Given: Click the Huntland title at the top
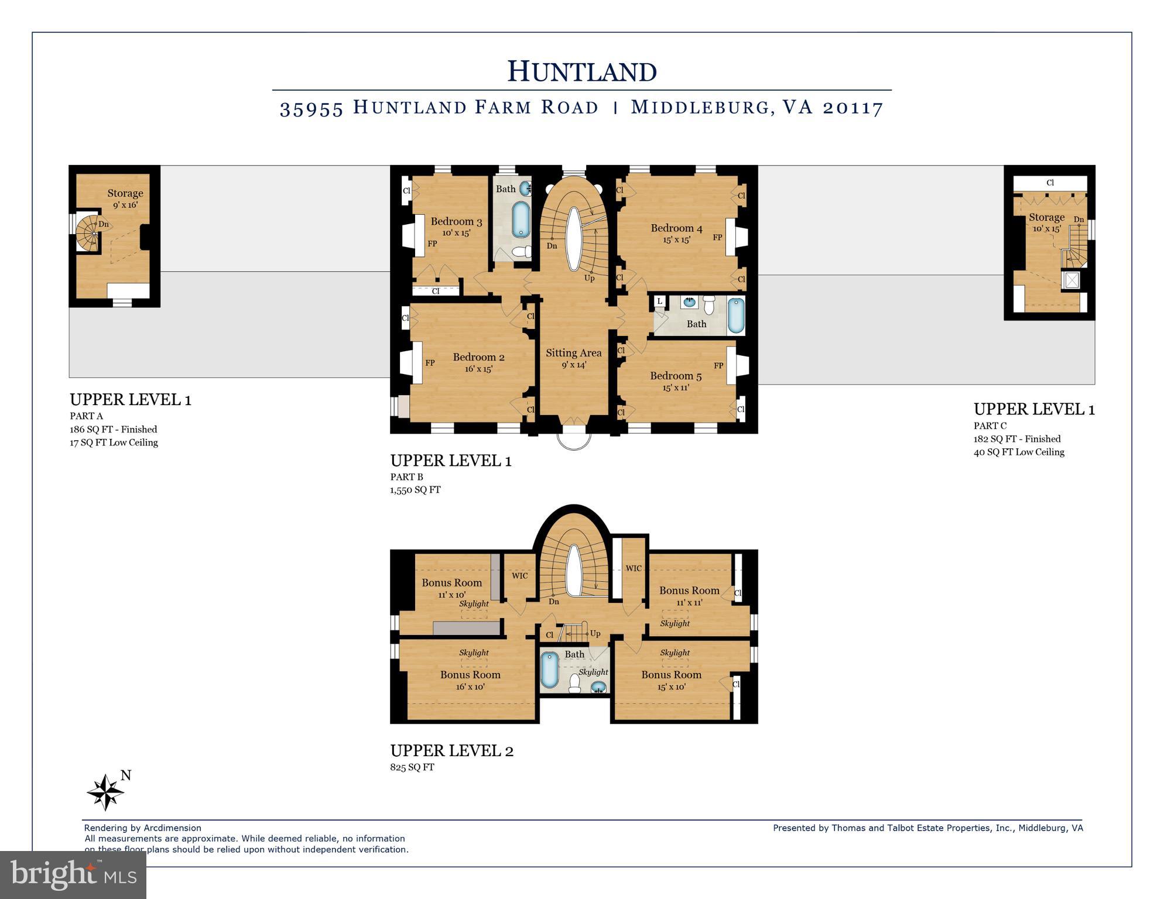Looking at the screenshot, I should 581,71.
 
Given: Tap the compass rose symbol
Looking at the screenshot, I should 105,792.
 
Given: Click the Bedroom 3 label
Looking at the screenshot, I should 456,222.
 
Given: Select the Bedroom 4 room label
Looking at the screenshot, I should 676,228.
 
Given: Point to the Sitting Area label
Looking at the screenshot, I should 573,353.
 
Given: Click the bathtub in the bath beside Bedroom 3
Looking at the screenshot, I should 521,219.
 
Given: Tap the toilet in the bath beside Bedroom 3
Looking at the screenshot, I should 521,252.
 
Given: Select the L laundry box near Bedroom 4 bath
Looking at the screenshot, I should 660,301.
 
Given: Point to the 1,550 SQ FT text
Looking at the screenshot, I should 415,490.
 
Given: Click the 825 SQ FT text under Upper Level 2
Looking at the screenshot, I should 412,767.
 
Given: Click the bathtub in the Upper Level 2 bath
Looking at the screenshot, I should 549,670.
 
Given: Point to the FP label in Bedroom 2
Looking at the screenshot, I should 430,363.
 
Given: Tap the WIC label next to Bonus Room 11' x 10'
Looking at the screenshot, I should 519,576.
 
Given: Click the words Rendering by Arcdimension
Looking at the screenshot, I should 142,828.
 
